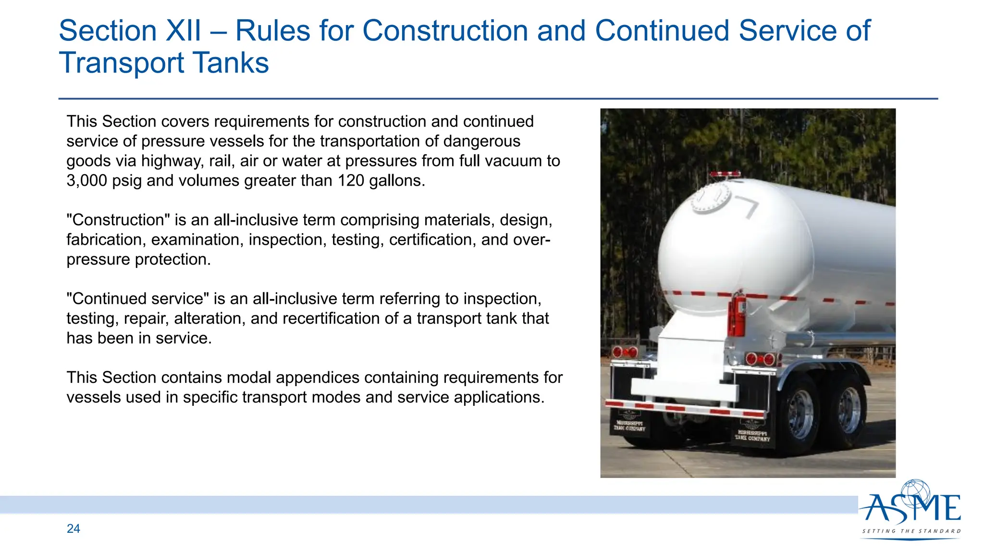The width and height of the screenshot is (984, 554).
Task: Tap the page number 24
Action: [x=74, y=529]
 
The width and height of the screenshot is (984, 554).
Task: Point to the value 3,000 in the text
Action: [x=86, y=181]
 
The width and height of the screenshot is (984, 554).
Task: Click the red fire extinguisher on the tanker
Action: [x=737, y=315]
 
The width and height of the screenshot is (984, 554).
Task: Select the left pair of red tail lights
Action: [x=625, y=353]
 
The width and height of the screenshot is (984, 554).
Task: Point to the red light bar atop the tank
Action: [x=726, y=174]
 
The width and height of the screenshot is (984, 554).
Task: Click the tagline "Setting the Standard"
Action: [x=911, y=531]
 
